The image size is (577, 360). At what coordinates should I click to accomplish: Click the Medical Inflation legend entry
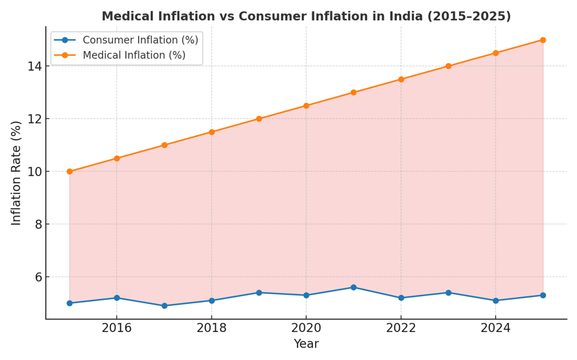coord(134,55)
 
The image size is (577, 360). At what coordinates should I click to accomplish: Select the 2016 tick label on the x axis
coord(117,328)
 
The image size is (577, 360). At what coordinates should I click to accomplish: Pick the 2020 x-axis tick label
coord(306,328)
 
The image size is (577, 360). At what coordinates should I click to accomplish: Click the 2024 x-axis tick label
coord(495,328)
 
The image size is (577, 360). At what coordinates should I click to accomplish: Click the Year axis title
coord(306,344)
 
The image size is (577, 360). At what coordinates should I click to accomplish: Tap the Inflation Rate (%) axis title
coord(16,172)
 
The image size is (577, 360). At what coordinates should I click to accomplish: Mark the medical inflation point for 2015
coord(69,172)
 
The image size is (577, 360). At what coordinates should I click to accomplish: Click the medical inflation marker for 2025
coord(543,40)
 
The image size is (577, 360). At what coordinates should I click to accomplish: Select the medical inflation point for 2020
coord(306,106)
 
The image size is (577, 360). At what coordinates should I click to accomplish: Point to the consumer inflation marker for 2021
coord(354,287)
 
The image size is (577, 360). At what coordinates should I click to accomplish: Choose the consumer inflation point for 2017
coord(165,305)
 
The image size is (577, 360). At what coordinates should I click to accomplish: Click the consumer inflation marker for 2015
coord(69,303)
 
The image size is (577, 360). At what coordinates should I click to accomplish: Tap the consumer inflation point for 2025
coord(543,295)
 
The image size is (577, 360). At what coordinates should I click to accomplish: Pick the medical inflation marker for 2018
coord(211,132)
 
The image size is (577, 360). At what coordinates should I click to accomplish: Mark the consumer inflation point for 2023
coord(448,293)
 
